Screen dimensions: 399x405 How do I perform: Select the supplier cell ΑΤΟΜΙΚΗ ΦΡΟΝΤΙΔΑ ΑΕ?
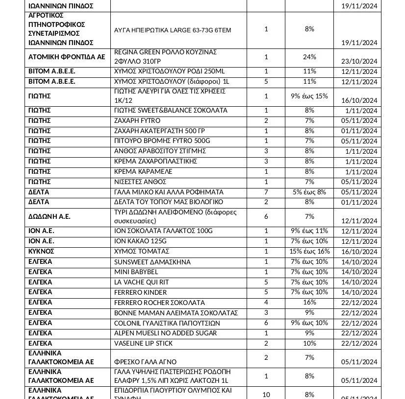tap(67, 57)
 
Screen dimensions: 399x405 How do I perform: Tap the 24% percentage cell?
tap(309, 57)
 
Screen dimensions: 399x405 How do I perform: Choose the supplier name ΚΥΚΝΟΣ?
tap(41, 251)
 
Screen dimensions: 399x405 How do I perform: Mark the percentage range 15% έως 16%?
tap(309, 251)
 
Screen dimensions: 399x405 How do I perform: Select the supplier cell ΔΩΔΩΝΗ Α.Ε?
tap(49, 216)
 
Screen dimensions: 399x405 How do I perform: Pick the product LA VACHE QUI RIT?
tap(141, 282)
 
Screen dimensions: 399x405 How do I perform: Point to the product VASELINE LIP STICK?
tap(143, 343)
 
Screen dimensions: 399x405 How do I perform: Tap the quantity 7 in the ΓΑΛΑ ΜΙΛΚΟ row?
tap(266, 192)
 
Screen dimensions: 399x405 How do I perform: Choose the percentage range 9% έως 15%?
tap(309, 96)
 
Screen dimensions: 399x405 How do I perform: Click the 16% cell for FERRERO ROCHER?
tap(309, 302)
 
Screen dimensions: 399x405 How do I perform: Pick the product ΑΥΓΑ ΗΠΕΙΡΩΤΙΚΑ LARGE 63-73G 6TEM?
tap(165, 30)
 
